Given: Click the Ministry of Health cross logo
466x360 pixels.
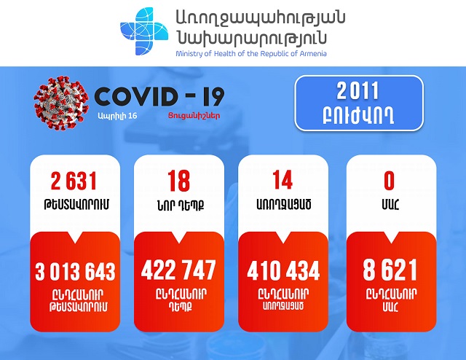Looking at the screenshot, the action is (144, 31).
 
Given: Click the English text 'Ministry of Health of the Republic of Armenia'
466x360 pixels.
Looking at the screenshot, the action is (251, 54).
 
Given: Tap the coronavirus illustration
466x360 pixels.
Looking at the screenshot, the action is (61, 103).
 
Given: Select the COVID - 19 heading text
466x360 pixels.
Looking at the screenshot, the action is (159, 97).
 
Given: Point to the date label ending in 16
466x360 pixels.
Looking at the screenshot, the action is (118, 116).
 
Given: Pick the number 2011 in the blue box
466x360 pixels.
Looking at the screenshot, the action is (358, 91).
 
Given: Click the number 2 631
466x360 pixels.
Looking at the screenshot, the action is (74, 181).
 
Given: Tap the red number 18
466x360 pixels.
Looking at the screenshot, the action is (178, 181).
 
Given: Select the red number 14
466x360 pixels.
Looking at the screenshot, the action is (283, 180).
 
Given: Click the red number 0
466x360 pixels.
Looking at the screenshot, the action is (390, 180).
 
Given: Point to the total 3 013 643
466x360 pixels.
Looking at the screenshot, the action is (75, 271).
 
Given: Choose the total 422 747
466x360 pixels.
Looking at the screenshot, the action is (178, 270).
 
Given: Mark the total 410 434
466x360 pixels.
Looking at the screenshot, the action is (283, 270).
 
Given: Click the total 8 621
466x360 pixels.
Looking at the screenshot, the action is (390, 270).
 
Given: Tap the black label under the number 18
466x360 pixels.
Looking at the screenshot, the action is (181, 205).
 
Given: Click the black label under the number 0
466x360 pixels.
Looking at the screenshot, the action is (390, 204).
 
